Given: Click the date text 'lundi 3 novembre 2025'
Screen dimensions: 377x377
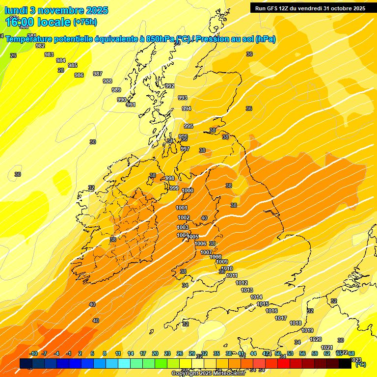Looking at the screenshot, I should (x=57, y=10).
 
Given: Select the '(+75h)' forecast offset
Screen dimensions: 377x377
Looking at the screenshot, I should (x=85, y=22).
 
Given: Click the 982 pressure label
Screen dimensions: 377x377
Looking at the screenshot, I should (x=41, y=46).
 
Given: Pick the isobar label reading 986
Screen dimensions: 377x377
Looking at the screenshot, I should (x=79, y=75).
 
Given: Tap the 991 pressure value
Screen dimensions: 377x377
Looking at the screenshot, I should (x=131, y=105).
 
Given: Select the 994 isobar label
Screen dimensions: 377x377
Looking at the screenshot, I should (x=187, y=108).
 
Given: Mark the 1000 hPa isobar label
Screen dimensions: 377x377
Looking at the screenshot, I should (x=188, y=190).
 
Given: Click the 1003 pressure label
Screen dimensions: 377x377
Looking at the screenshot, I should (x=183, y=227).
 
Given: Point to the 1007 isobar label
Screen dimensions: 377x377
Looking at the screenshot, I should (x=206, y=252).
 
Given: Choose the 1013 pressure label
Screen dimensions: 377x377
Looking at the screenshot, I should (x=247, y=291).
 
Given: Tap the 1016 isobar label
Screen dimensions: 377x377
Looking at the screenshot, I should (x=271, y=311).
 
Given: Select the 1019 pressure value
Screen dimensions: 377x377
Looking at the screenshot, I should (x=307, y=330).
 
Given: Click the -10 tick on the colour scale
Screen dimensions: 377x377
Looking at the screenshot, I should (x=33, y=353).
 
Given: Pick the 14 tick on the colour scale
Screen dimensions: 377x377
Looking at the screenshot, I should (x=131, y=353).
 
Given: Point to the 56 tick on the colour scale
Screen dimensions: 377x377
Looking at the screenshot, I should (x=302, y=353).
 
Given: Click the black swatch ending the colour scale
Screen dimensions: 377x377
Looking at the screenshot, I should (x=345, y=363).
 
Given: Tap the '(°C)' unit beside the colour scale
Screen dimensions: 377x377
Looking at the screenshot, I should (x=360, y=364).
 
